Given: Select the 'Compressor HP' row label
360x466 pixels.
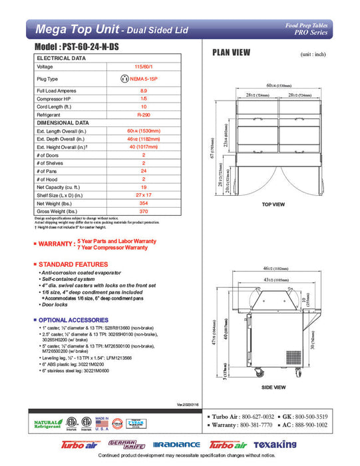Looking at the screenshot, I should coord(55,99).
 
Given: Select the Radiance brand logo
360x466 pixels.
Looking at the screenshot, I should coord(176,445).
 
